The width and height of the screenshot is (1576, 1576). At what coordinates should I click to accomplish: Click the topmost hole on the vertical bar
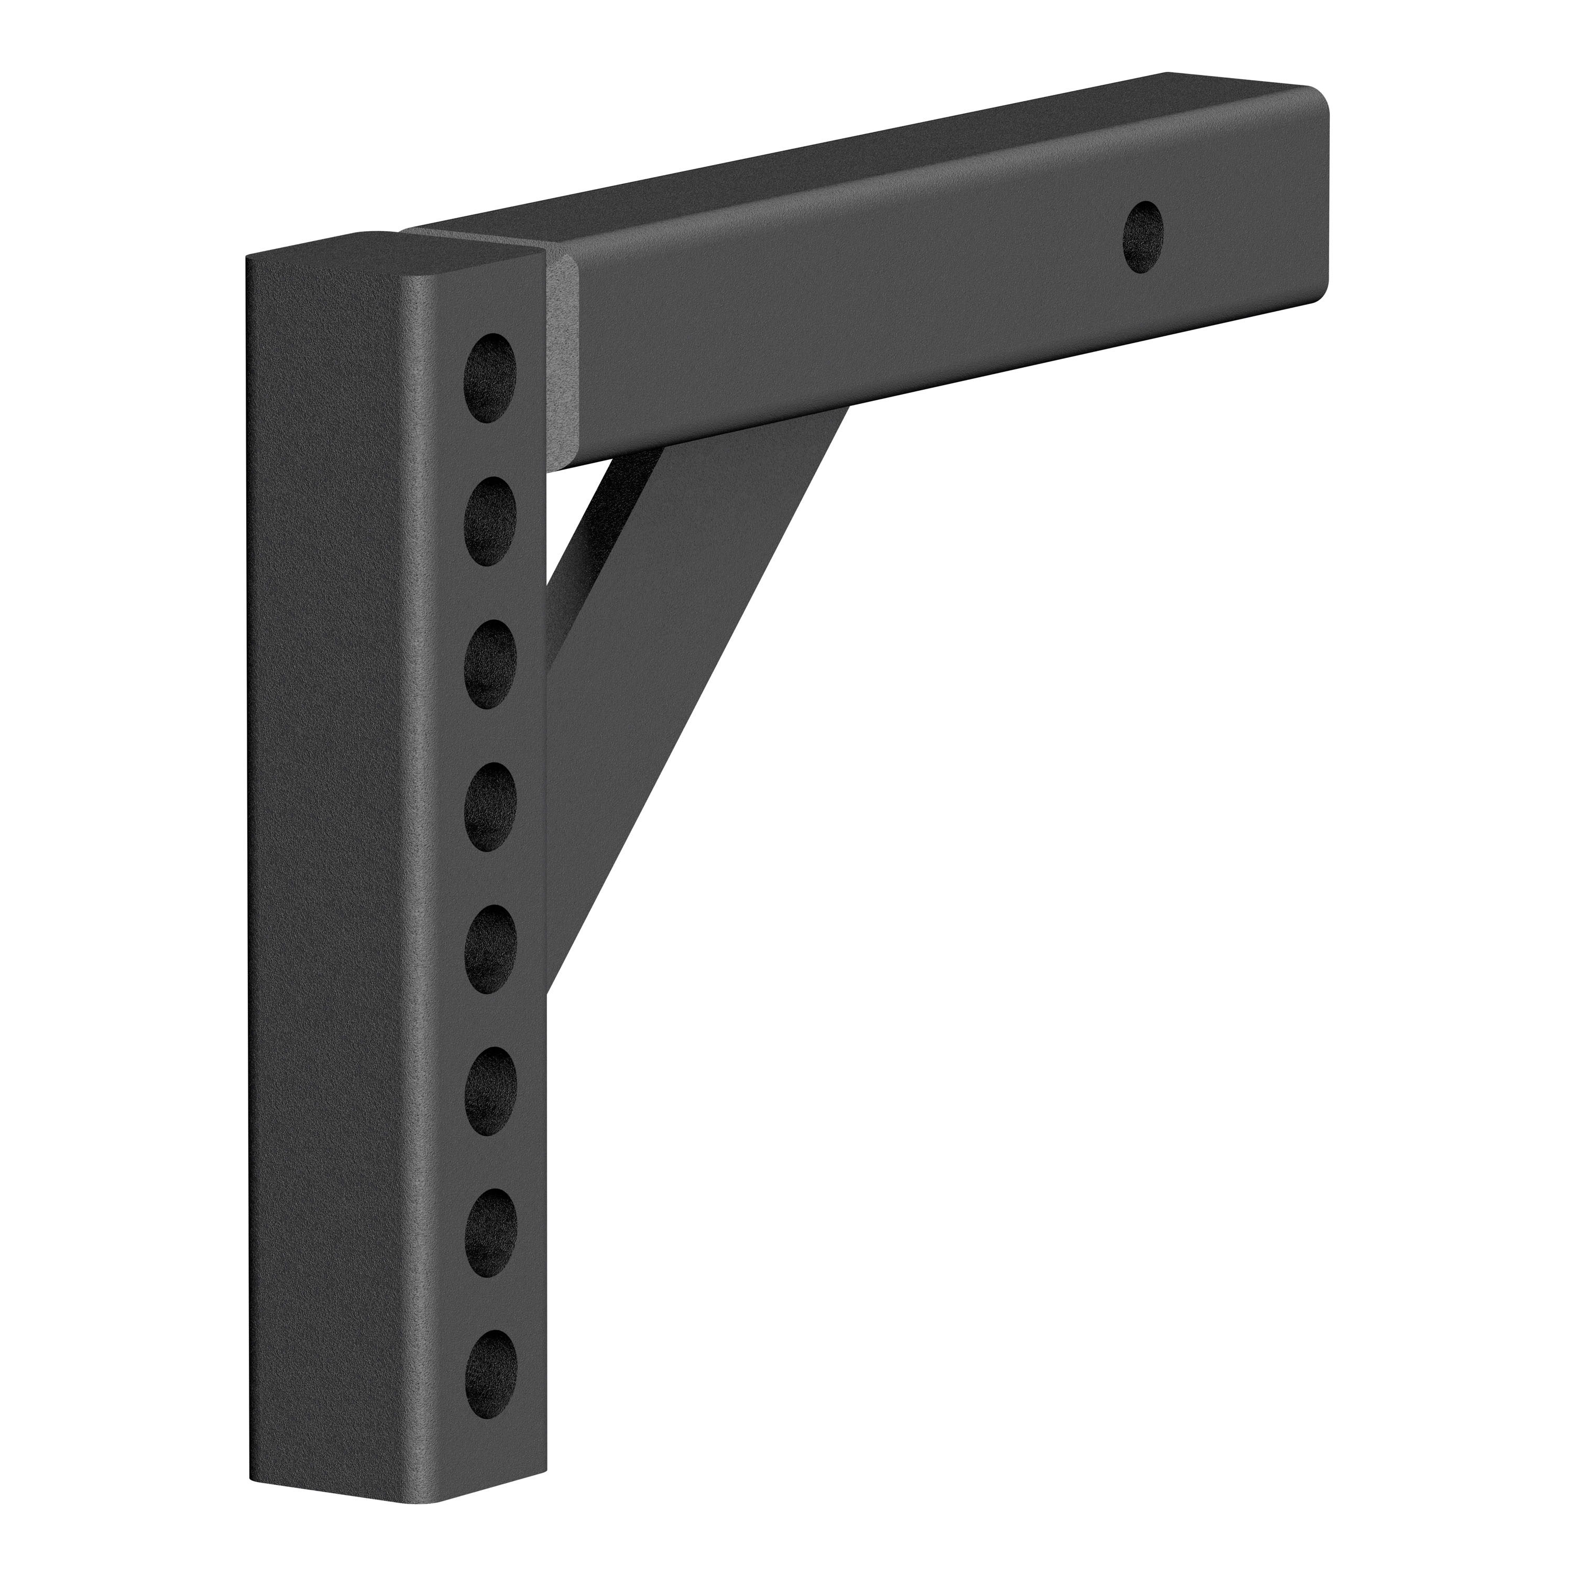click(x=490, y=377)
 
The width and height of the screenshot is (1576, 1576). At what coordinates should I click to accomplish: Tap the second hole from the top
click(x=490, y=520)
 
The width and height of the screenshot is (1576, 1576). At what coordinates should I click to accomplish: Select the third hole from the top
click(x=490, y=663)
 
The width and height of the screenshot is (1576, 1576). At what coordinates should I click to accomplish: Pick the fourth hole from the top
click(x=490, y=806)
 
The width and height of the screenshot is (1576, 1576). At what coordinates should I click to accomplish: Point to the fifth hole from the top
click(x=490, y=949)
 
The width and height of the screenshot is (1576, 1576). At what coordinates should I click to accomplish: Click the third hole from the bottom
click(x=490, y=1091)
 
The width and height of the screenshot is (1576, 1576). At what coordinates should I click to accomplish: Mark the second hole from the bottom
click(x=490, y=1234)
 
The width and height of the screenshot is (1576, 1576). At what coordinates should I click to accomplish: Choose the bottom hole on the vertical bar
click(x=490, y=1377)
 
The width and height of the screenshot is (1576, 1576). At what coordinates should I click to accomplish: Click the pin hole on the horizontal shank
click(x=1143, y=237)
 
